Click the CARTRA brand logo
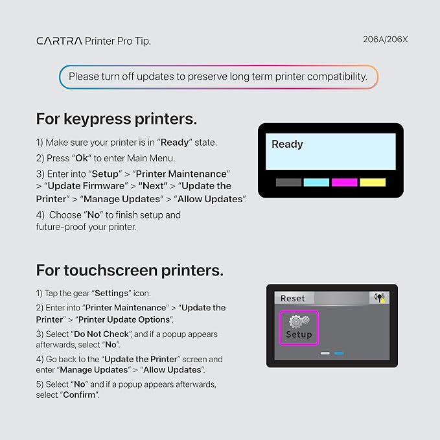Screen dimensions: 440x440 (x=59, y=41)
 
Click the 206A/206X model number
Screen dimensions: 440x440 (x=385, y=40)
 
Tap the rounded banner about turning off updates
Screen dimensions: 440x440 (x=218, y=76)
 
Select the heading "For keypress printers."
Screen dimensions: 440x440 (x=117, y=119)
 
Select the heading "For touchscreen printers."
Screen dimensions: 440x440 (x=130, y=270)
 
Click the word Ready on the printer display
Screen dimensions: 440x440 (x=287, y=144)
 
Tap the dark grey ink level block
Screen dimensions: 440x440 (x=288, y=182)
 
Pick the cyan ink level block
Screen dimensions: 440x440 (x=316, y=182)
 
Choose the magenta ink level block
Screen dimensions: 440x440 (x=344, y=182)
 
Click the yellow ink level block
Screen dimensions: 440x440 (x=373, y=182)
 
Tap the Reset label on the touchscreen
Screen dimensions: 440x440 (x=293, y=298)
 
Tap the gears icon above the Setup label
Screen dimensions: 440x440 (x=299, y=321)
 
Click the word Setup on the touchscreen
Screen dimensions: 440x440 (x=299, y=335)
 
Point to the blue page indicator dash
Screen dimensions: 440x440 (x=339, y=353)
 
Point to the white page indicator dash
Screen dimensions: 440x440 (x=325, y=353)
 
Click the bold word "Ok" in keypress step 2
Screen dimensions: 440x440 (x=82, y=158)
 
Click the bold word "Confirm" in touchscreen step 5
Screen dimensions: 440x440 (x=79, y=395)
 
